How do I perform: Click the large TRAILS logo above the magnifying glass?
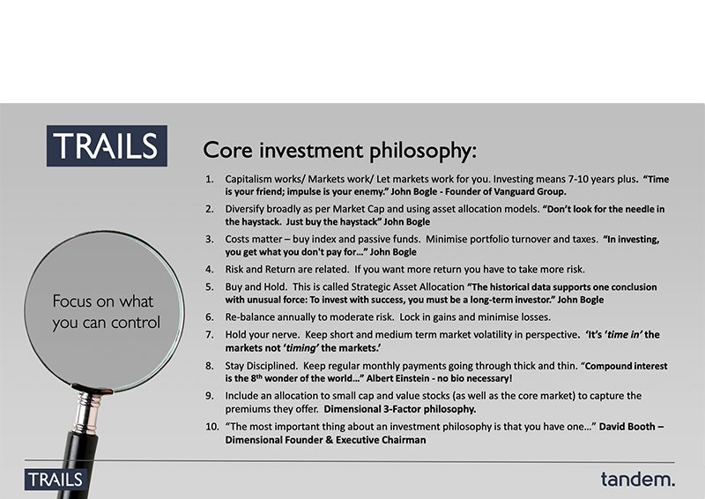(107, 145)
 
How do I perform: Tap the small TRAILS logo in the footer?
(56, 480)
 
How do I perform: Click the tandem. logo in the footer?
(637, 480)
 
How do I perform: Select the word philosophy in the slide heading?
(423, 151)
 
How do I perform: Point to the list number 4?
(210, 270)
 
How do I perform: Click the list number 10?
(211, 427)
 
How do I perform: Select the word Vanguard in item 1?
(515, 191)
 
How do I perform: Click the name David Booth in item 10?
(627, 427)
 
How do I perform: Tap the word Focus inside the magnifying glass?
(71, 301)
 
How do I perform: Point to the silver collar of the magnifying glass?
(86, 412)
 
